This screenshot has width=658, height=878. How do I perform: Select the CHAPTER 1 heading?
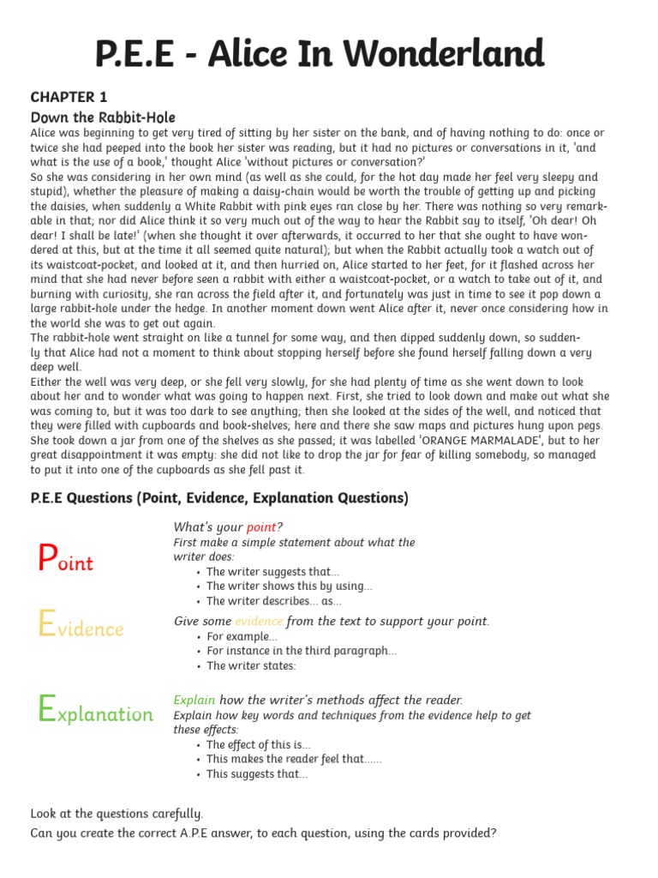pos(69,97)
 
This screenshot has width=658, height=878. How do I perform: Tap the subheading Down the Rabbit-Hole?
pos(103,117)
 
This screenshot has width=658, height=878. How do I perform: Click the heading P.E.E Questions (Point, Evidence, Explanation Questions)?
pos(219,498)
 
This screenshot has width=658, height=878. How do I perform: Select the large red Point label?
pos(66,561)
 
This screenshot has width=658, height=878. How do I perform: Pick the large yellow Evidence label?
pos(81,627)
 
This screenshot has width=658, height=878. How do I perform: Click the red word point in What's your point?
pos(261,526)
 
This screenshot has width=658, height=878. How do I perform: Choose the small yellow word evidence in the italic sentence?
pos(259,621)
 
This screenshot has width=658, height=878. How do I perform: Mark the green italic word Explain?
pos(194,700)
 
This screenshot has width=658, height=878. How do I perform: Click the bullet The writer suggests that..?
pos(272,572)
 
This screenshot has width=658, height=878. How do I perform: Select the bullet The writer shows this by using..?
pos(289,586)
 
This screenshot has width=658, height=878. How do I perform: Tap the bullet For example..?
pos(242,636)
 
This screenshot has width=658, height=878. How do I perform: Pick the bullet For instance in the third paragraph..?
pos(301,651)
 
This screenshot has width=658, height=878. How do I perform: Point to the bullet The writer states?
pos(250,665)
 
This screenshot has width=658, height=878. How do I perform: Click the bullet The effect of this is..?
pos(258,744)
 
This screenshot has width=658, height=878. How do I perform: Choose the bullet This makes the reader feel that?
pos(294,759)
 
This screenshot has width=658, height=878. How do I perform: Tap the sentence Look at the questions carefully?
pos(117,813)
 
